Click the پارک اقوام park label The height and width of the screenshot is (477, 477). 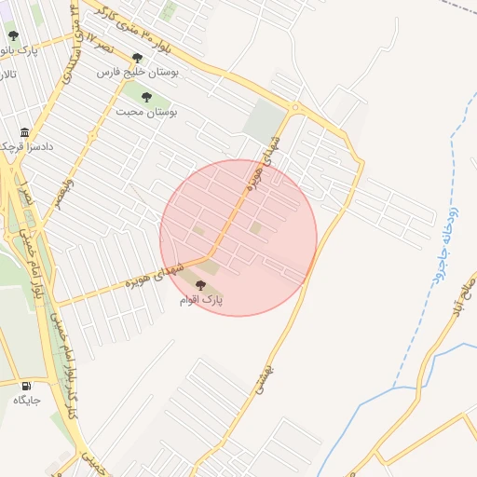pyautogui.click(x=201, y=301)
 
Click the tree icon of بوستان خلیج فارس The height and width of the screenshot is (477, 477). pyautogui.click(x=137, y=58)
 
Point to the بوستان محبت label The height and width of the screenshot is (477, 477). pyautogui.click(x=146, y=111)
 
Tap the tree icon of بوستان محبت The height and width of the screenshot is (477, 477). pyautogui.click(x=145, y=96)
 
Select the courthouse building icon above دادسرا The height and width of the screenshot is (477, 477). pyautogui.click(x=24, y=132)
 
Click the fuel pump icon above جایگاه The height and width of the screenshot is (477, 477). pyautogui.click(x=26, y=386)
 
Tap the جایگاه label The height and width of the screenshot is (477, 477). pyautogui.click(x=26, y=400)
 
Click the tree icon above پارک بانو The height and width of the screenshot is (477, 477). pyautogui.click(x=13, y=36)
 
